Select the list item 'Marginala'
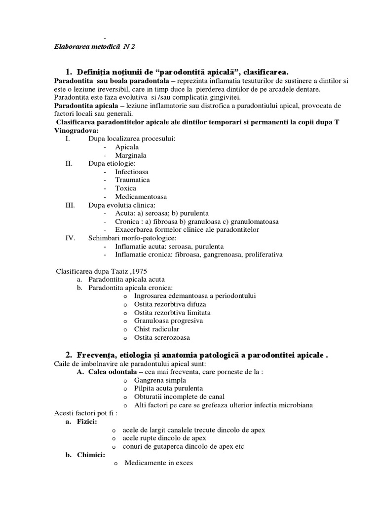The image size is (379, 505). (131, 155)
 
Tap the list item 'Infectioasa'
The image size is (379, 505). (132, 172)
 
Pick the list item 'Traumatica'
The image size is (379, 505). (132, 180)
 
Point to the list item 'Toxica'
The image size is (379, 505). (125, 188)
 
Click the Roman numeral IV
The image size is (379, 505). (71, 238)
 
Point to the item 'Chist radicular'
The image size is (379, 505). (156, 329)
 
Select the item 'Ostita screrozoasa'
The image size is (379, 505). (162, 337)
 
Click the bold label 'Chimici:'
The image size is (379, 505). (90, 455)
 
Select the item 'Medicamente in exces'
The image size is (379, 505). (159, 463)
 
